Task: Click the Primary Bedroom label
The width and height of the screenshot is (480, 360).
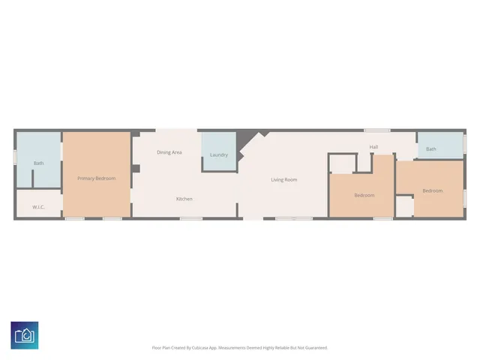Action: coord(97,178)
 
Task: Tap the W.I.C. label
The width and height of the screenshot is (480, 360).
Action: coord(39,207)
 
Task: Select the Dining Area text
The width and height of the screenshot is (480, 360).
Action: coord(169,152)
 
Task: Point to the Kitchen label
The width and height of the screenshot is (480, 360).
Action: coord(184,199)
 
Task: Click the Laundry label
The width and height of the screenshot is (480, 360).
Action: coord(219,155)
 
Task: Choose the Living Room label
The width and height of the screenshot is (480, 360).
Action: coord(284,180)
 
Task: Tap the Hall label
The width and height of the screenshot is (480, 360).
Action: coord(373,147)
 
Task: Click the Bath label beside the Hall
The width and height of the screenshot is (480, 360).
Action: coord(431,149)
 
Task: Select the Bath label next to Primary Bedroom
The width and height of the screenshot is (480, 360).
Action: coord(38,163)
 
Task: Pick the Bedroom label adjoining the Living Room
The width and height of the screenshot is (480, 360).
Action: coord(364,196)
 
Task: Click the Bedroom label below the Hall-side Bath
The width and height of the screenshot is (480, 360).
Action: coord(433,190)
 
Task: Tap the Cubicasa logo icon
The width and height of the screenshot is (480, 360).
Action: coord(25,334)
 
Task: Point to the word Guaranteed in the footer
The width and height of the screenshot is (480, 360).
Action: coord(316,348)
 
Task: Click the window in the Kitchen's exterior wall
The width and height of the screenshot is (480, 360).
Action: coord(190,219)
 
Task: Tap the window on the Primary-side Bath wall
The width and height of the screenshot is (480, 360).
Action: coord(15,157)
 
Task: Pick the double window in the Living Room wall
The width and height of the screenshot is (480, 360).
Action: coord(293,219)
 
